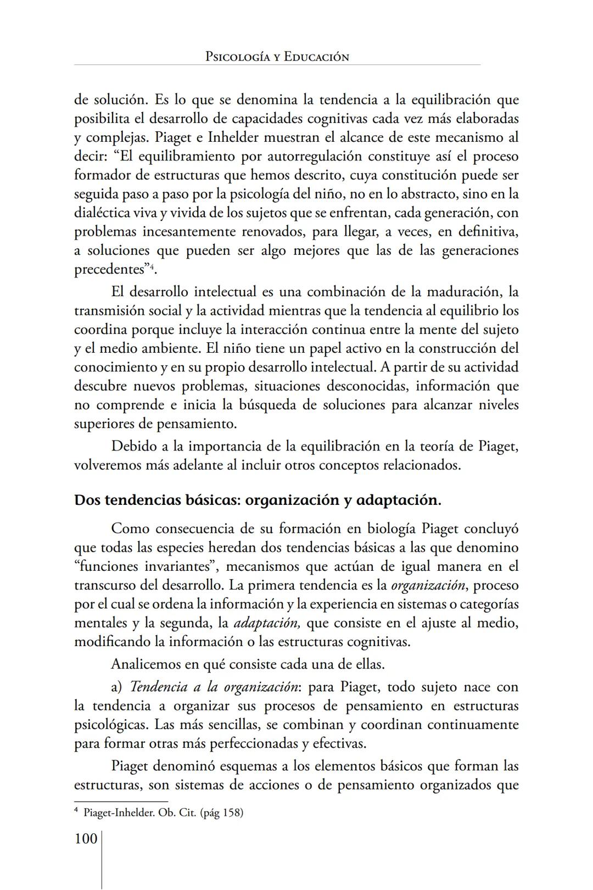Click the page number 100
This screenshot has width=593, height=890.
point(86,839)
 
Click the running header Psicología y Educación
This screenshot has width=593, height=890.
point(277,57)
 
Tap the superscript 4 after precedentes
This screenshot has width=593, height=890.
point(152,267)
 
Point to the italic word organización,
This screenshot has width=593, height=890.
point(429,585)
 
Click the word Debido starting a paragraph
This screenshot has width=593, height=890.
point(133,446)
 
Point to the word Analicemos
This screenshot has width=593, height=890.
point(146,664)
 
